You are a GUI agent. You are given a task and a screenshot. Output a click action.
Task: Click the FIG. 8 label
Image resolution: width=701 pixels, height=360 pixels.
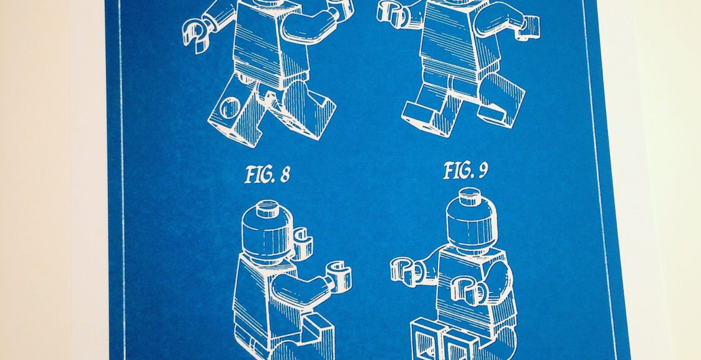point(267,174)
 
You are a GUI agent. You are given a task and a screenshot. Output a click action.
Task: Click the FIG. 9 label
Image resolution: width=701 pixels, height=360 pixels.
point(465,171)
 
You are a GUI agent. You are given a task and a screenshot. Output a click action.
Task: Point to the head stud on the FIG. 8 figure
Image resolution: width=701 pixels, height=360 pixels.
point(267,207)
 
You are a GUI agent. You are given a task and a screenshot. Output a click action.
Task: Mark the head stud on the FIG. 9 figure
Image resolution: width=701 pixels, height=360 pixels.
point(469,196)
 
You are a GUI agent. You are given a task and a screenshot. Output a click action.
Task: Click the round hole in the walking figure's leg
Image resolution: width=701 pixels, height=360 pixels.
point(230,108)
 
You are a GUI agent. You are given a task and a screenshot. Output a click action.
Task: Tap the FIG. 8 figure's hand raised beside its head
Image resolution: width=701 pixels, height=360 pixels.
point(302,243)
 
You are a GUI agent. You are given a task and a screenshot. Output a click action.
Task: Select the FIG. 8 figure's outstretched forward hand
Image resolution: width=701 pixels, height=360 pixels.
point(338,276)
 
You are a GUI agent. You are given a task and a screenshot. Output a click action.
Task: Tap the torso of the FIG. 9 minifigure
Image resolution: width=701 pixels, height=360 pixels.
point(475,287)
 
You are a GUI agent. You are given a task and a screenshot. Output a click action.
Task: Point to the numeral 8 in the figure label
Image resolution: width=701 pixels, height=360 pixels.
point(285,175)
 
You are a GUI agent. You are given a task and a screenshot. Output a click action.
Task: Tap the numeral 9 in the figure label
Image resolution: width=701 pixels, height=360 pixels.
point(483,171)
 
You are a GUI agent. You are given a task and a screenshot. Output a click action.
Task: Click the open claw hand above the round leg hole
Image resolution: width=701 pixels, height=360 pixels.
point(197,34)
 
